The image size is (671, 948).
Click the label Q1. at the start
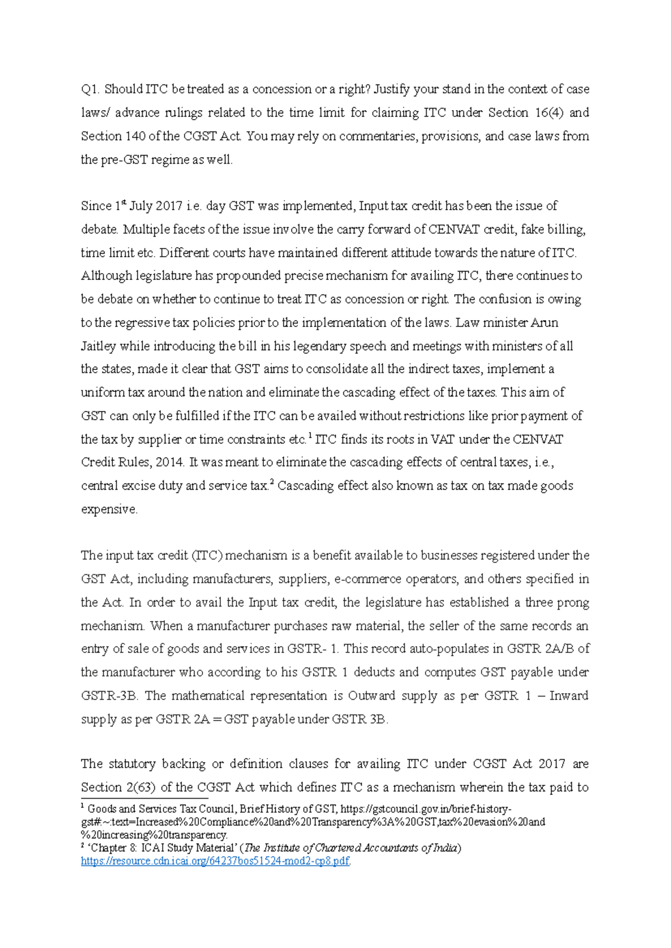90,89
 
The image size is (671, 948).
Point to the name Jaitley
98,347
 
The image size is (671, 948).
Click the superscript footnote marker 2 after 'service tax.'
272,482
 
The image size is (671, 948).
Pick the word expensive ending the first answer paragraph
108,510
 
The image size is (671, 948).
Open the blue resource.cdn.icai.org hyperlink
215,861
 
